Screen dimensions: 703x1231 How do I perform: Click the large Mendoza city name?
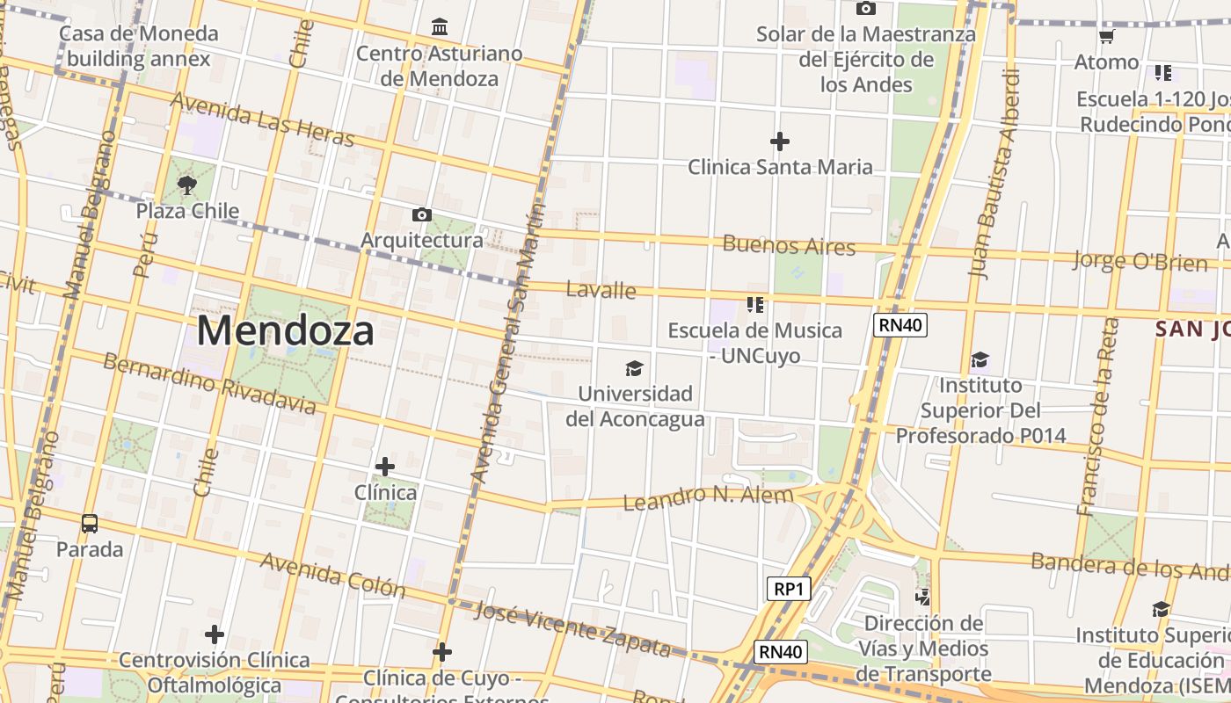286,331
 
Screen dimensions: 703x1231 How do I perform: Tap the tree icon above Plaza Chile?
186,185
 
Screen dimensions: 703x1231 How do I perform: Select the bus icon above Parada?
90,524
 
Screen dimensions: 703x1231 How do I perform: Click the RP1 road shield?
788,589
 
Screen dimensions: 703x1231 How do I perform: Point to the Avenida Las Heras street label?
262,120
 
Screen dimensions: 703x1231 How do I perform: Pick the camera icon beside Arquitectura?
422,214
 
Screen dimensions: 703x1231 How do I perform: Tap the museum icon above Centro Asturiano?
440,27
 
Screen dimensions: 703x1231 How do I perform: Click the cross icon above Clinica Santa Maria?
779,141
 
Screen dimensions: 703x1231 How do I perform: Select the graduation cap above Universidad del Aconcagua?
634,368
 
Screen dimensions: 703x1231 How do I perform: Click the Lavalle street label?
601,289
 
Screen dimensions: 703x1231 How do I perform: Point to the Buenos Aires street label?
789,245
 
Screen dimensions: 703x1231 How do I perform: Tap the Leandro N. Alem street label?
708,498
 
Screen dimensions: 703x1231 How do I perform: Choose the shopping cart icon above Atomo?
1106,37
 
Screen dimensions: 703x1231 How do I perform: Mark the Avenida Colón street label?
332,575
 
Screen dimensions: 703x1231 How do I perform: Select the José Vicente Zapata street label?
572,629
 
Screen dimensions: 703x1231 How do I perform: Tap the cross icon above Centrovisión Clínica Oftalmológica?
215,634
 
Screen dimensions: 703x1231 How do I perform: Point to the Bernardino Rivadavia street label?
209,384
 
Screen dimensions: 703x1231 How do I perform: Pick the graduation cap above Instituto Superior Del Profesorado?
980,360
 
